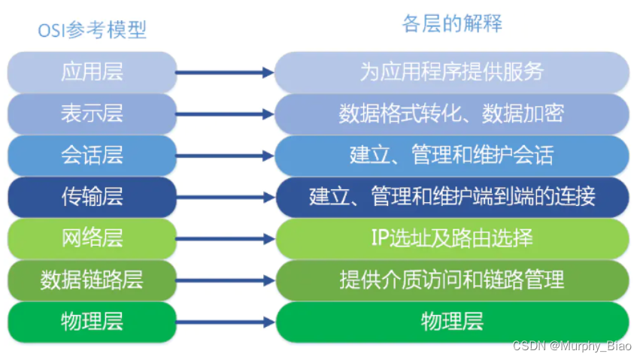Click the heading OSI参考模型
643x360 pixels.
coord(92,30)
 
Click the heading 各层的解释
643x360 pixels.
coord(452,24)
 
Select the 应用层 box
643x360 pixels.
coord(92,72)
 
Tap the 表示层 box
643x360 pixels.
coord(92,114)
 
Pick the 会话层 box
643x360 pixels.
coord(92,156)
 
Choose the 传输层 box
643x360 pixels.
coord(92,198)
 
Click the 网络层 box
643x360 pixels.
coord(92,239)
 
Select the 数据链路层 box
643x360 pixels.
coord(92,281)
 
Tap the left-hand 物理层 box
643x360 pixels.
coord(92,322)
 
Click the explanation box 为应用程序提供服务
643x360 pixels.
coord(452,72)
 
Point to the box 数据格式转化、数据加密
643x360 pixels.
coord(452,114)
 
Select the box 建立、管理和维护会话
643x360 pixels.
coord(452,156)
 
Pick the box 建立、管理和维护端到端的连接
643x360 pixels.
coord(452,198)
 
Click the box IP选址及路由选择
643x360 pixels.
coord(452,239)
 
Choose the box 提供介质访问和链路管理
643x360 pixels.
coord(452,281)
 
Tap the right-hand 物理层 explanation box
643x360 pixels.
coord(452,322)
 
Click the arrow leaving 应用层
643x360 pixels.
coord(225,73)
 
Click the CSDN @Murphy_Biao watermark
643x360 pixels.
coord(572,346)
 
